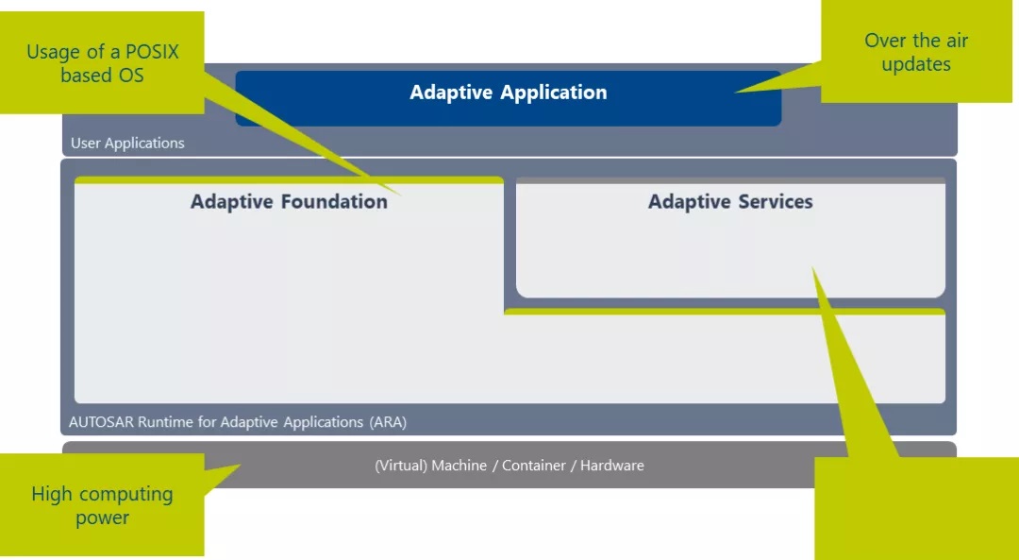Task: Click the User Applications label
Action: pyautogui.click(x=127, y=144)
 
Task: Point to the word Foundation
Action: pyautogui.click(x=334, y=202)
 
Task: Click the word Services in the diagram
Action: pyautogui.click(x=776, y=202)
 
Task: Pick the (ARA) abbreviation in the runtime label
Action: pyautogui.click(x=388, y=422)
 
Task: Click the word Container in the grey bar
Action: pyautogui.click(x=533, y=466)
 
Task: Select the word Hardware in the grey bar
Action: pyautogui.click(x=612, y=466)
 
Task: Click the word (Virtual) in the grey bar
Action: pyautogui.click(x=401, y=466)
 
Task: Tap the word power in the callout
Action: pyautogui.click(x=102, y=518)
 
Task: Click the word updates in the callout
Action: pyautogui.click(x=916, y=64)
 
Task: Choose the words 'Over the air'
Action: pyautogui.click(x=916, y=41)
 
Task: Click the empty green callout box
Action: pyautogui.click(x=916, y=508)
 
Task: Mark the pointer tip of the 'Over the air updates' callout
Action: pyautogui.click(x=735, y=93)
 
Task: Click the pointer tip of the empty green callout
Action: pyautogui.click(x=813, y=267)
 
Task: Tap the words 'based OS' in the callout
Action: pyautogui.click(x=102, y=76)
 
